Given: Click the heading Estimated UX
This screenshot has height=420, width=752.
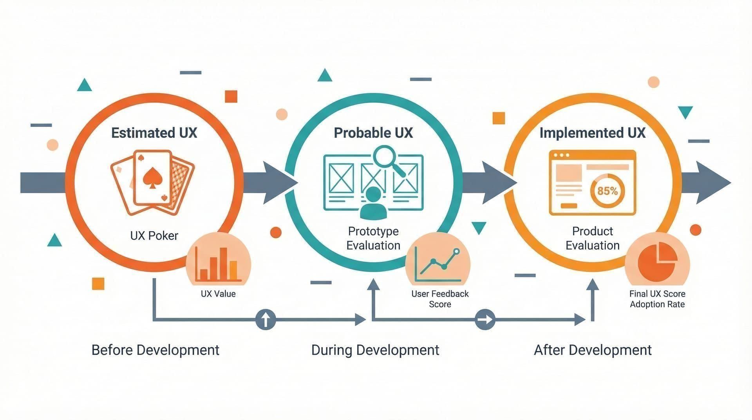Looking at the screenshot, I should (x=154, y=133).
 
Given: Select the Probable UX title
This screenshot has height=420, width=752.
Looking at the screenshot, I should (x=373, y=133).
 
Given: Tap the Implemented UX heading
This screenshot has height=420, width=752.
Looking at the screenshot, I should (x=592, y=133).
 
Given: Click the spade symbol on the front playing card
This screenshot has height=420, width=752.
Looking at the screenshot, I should (x=150, y=178).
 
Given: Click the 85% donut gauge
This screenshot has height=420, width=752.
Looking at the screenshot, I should (x=607, y=191).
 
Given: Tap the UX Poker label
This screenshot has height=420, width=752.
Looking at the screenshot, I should (x=154, y=235).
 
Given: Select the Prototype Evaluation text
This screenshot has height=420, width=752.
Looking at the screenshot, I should (x=373, y=238).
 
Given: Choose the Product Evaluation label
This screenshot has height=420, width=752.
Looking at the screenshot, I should (x=592, y=238).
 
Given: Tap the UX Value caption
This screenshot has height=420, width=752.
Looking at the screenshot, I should (x=218, y=294).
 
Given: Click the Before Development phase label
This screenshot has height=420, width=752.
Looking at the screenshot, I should (x=155, y=350).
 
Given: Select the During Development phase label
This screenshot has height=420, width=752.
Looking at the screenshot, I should (x=375, y=350).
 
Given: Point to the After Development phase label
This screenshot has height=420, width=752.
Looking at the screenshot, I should (x=593, y=350).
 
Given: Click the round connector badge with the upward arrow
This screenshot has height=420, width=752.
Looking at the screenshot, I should (x=266, y=319).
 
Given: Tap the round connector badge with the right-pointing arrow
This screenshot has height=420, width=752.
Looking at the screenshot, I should (x=485, y=319).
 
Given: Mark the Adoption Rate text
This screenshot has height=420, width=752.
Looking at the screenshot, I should (x=657, y=304).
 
